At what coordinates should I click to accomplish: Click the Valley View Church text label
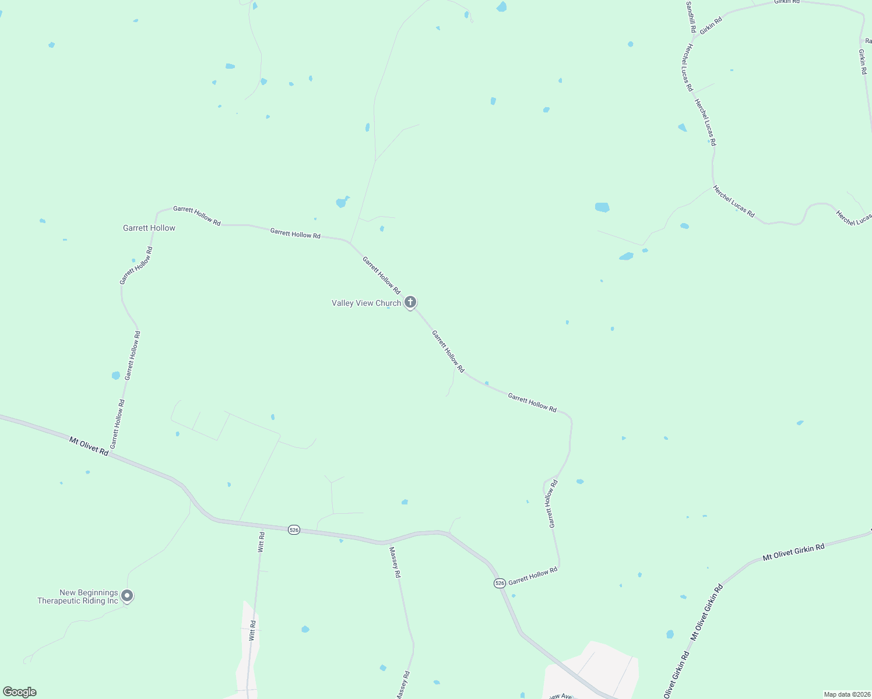366,303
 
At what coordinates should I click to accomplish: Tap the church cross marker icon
410,302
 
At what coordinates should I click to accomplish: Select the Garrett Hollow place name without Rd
149,228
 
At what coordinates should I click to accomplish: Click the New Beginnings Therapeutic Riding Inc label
78,596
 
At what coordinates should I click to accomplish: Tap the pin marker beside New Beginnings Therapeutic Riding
127,596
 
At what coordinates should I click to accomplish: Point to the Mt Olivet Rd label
89,446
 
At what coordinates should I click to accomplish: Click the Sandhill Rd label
690,16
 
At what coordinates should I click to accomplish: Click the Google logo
20,692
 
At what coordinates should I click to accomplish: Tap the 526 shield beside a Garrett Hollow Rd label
500,583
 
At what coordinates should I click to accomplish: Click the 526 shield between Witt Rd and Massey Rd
294,529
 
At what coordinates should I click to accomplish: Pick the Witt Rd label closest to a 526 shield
261,542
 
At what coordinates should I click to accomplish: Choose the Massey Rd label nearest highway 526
395,563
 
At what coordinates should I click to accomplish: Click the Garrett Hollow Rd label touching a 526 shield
533,577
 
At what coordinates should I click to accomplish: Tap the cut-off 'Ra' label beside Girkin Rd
868,41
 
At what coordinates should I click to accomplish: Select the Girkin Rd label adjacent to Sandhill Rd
711,25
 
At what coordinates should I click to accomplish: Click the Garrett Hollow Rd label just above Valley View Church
381,275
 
